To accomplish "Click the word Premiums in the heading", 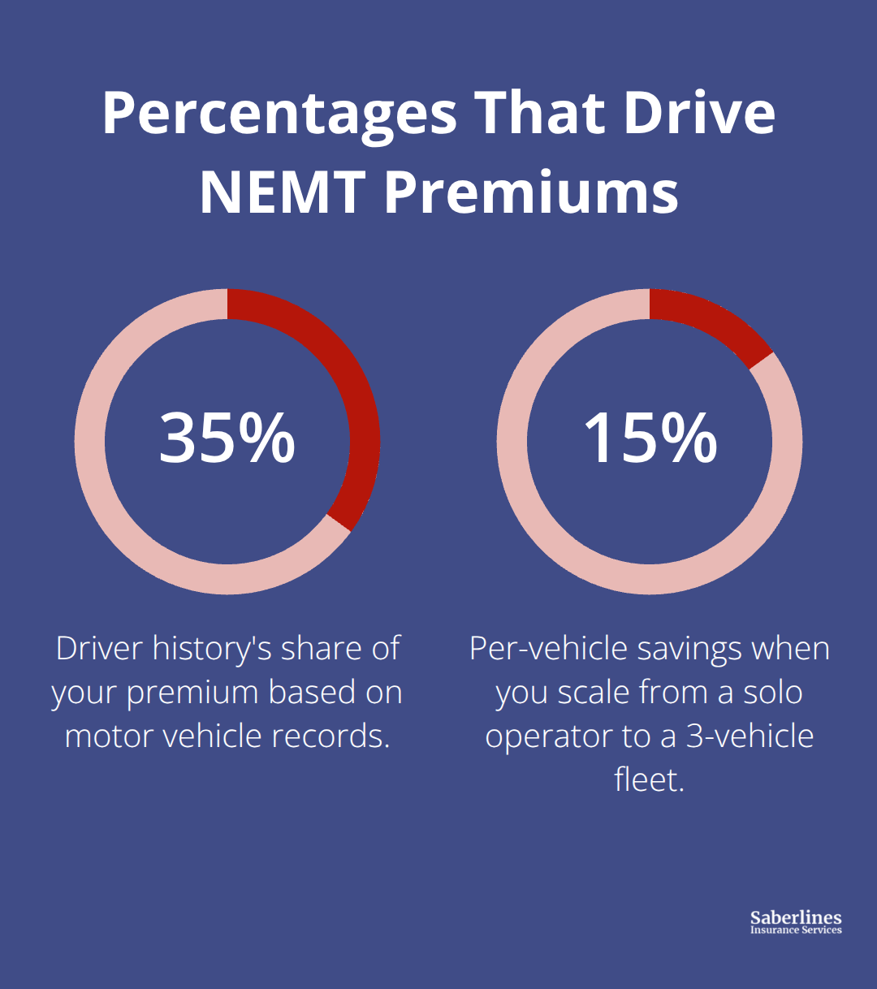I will click(531, 192).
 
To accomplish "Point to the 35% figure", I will click(227, 438).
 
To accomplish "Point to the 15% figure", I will click(650, 438).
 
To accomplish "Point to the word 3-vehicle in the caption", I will click(750, 736).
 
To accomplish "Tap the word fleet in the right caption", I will click(649, 780).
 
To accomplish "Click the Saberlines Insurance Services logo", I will click(796, 922).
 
